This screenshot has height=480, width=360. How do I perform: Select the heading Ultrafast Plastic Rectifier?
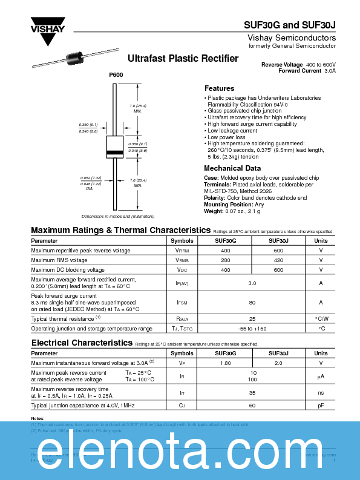tap(183, 59)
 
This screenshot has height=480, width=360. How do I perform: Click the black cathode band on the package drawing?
tap(114, 151)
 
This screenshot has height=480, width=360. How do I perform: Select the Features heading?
tap(219, 88)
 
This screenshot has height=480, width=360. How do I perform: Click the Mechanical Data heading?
tap(232, 168)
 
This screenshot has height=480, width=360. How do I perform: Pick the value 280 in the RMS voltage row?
tap(226, 260)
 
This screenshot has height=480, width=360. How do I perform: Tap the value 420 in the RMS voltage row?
tap(278, 260)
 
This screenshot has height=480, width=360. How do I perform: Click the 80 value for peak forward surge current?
tap(252, 302)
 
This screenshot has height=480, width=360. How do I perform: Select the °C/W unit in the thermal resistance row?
tap(321, 318)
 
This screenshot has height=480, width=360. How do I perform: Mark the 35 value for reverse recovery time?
tap(252, 392)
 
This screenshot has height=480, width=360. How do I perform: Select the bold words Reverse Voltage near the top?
tap(281, 64)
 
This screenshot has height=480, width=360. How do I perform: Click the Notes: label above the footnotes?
tap(38, 419)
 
